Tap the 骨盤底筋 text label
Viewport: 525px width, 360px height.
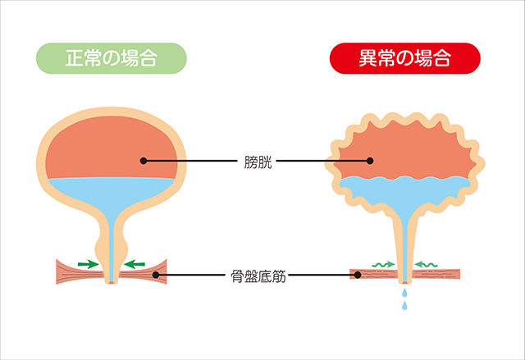(259, 275)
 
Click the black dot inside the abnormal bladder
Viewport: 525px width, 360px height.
(370, 161)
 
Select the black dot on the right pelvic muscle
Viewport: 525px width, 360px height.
(358, 275)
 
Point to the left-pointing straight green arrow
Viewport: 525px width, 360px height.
(135, 264)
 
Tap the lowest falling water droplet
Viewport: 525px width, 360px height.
(404, 307)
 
